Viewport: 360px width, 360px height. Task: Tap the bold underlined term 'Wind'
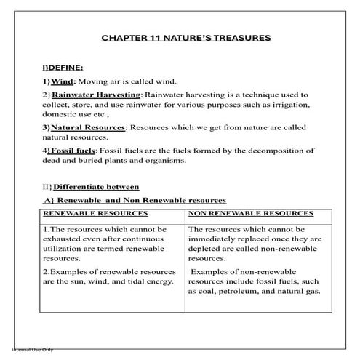coord(63,81)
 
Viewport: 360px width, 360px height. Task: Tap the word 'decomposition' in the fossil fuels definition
coord(273,151)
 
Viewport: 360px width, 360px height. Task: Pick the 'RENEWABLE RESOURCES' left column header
coord(95,213)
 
